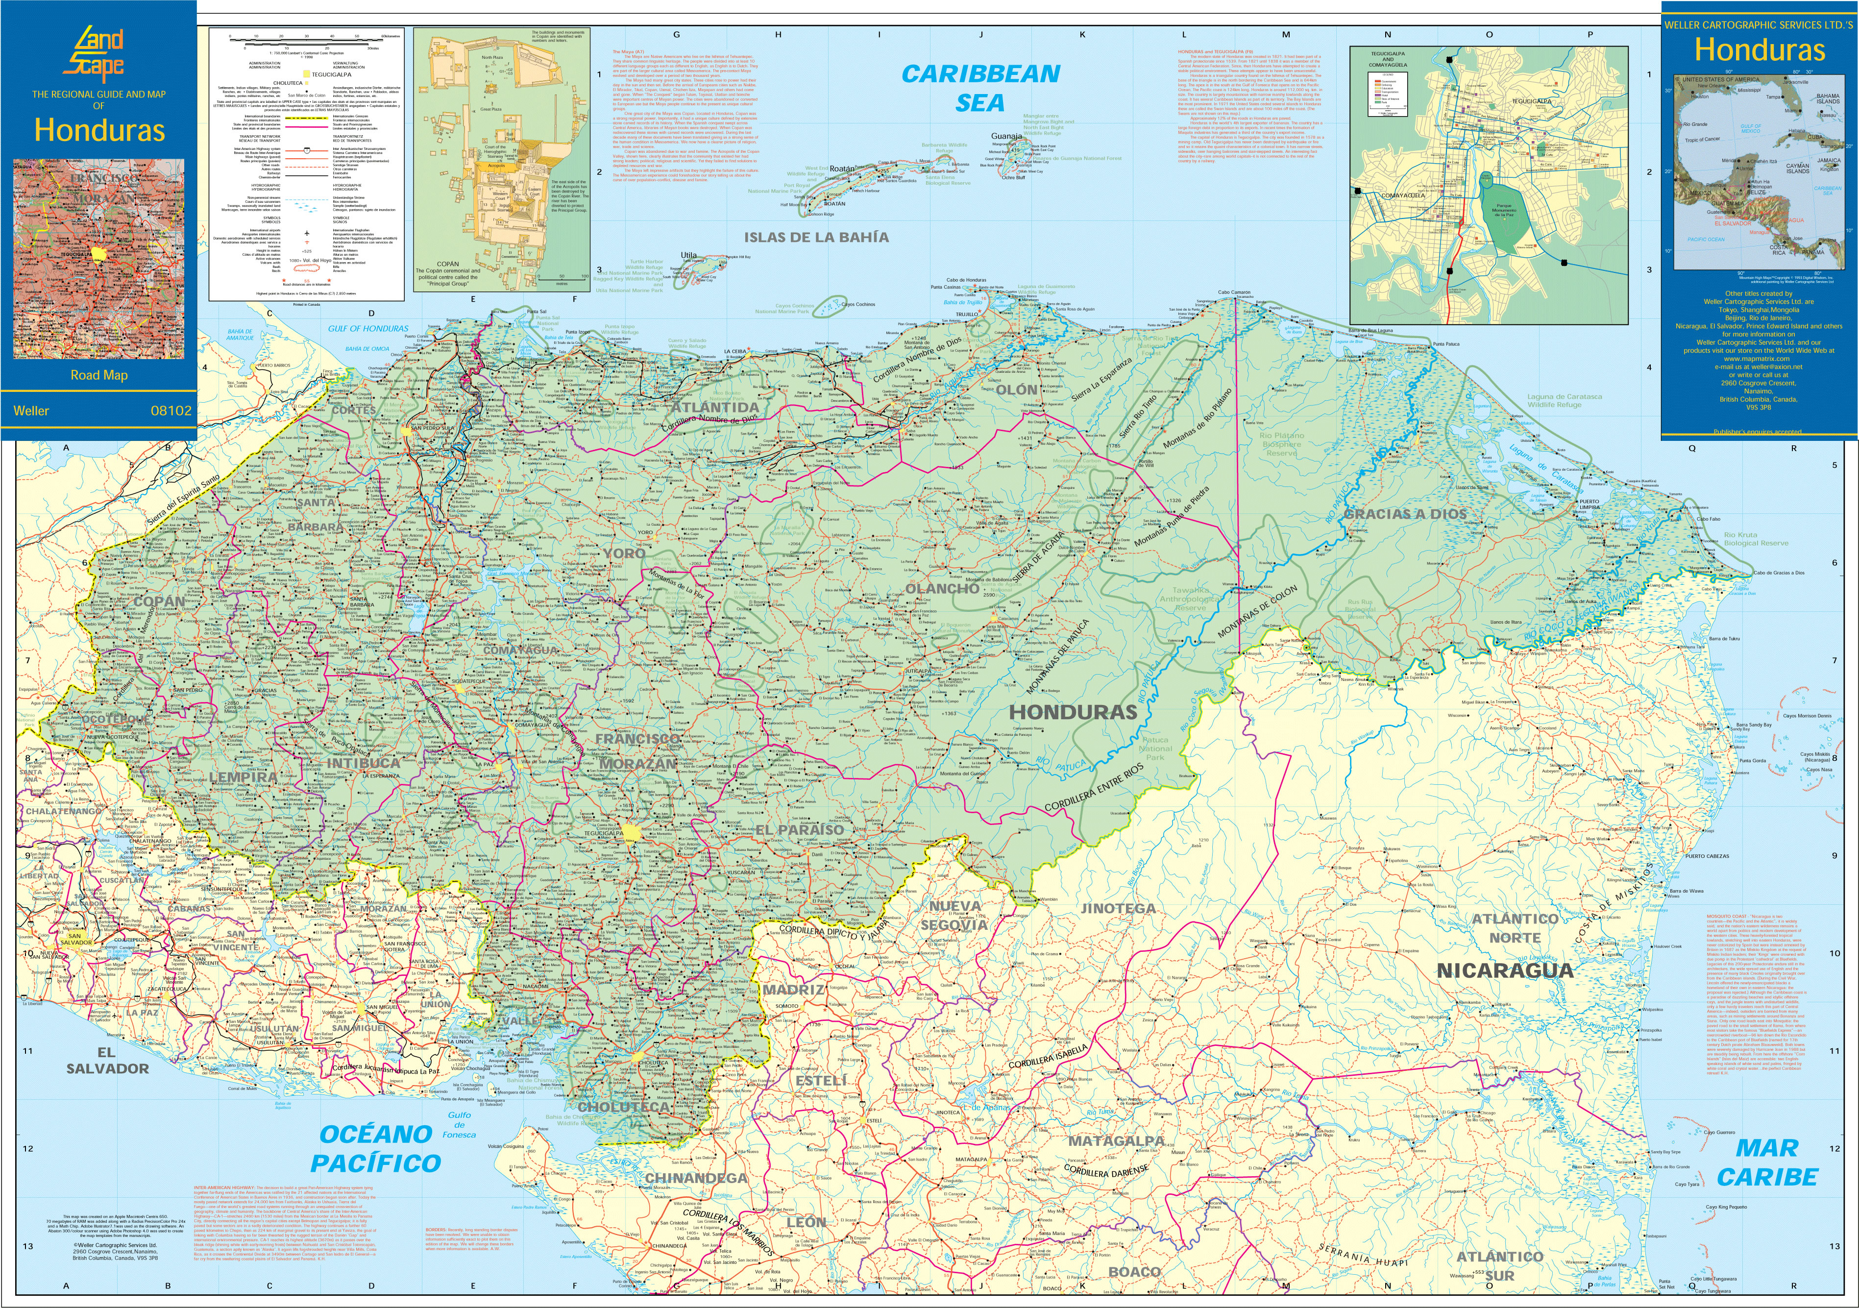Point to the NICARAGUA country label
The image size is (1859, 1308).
1504,970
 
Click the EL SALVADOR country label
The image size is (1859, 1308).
108,1060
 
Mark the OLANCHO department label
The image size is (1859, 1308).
942,588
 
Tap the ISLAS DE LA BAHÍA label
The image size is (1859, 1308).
816,237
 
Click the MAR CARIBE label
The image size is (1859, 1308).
1767,1163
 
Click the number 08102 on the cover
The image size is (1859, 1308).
171,411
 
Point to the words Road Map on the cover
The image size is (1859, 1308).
99,375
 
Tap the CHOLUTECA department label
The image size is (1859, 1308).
623,1107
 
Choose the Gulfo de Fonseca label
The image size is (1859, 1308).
459,1124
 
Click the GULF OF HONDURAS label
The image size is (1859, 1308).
368,329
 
